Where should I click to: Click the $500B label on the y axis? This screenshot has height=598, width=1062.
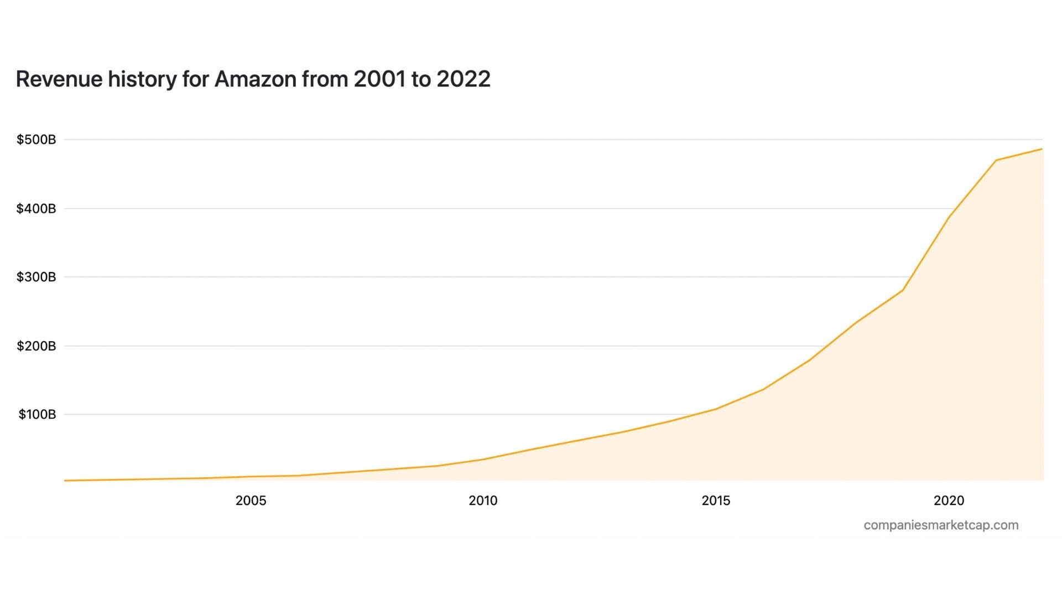tap(37, 140)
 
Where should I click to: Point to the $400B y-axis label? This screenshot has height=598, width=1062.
tap(37, 209)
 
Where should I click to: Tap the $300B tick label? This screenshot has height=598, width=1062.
tap(37, 277)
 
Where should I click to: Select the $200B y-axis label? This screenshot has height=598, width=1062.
tap(37, 346)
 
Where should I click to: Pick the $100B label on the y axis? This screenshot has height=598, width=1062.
tap(38, 414)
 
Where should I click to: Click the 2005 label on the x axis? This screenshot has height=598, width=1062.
tap(251, 501)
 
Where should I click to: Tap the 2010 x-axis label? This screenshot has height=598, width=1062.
tap(483, 501)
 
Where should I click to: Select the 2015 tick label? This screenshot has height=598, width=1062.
tap(716, 501)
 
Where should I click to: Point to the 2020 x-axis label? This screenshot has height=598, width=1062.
tap(949, 501)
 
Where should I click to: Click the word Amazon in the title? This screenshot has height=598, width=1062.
tap(256, 79)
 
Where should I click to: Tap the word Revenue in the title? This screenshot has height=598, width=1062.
tap(59, 79)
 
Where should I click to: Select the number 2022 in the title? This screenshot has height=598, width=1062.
tap(463, 79)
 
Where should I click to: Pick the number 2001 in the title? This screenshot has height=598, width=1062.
tap(380, 79)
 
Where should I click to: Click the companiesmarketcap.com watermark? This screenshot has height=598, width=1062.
tap(941, 525)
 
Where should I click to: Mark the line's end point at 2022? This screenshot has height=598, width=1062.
tap(1042, 149)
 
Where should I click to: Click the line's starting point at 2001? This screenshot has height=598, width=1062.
tap(65, 481)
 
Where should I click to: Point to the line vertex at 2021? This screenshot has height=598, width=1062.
tap(996, 161)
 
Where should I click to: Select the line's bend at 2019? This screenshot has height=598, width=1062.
tap(903, 290)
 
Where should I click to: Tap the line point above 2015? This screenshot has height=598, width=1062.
tap(716, 409)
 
